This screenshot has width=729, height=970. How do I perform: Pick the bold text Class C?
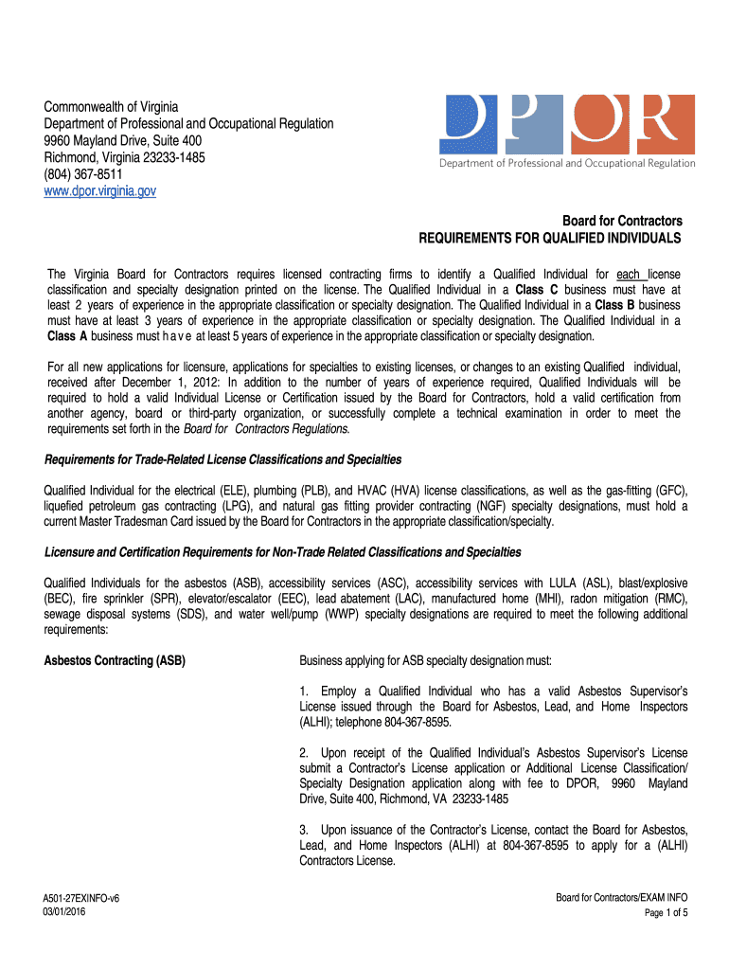click(536, 289)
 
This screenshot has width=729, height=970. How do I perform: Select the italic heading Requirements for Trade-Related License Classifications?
click(223, 459)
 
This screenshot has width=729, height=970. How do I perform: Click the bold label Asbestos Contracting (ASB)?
click(115, 660)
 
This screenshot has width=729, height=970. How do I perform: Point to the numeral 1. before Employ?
click(304, 692)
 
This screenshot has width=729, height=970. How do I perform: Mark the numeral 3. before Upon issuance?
click(304, 830)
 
